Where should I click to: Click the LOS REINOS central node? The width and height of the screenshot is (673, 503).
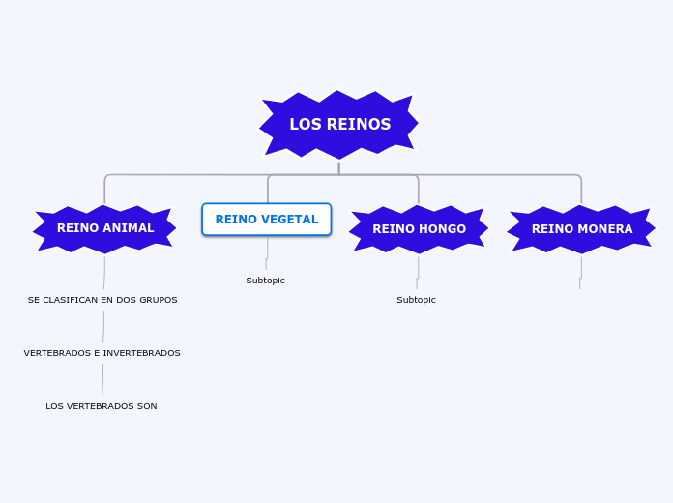click(x=338, y=125)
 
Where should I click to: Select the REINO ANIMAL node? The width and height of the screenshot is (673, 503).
click(x=104, y=229)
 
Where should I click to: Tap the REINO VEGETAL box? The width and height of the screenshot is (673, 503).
click(x=267, y=220)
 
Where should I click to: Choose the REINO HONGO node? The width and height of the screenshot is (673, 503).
click(x=419, y=229)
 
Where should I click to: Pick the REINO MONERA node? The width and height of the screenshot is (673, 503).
click(x=581, y=229)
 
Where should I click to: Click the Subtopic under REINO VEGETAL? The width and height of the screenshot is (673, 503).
click(x=266, y=281)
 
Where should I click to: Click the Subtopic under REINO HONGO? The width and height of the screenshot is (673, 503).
click(x=417, y=300)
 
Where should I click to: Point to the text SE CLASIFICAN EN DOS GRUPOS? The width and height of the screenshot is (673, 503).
click(x=102, y=300)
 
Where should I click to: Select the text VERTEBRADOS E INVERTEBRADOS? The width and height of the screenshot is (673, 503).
click(x=102, y=353)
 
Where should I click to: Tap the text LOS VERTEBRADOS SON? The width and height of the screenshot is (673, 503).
click(x=102, y=406)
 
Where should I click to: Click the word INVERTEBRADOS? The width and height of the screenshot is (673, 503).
click(x=137, y=353)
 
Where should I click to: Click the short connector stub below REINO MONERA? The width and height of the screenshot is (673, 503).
click(x=581, y=271)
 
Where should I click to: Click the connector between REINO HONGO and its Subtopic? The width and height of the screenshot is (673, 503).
click(x=418, y=271)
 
